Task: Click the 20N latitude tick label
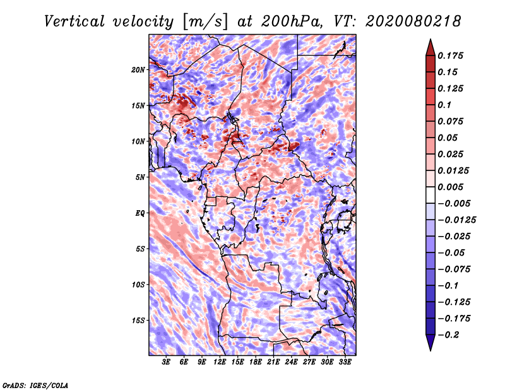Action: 138,69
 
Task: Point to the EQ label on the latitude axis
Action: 140,213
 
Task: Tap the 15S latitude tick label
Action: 138,321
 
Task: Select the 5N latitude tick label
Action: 140,177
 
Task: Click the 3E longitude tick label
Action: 166,362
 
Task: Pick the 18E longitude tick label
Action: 256,362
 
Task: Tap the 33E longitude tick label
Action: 345,362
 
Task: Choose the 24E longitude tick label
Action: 291,362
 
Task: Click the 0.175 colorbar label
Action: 451,56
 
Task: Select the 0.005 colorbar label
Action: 451,187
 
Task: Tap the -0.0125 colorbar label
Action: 457,220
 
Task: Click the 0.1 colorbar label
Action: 444,105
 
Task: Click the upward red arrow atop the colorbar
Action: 431,47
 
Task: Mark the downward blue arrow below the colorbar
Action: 431,343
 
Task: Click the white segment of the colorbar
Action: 431,195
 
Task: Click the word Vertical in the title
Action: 74,21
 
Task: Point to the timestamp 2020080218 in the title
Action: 413,21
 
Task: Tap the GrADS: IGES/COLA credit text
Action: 35,385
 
